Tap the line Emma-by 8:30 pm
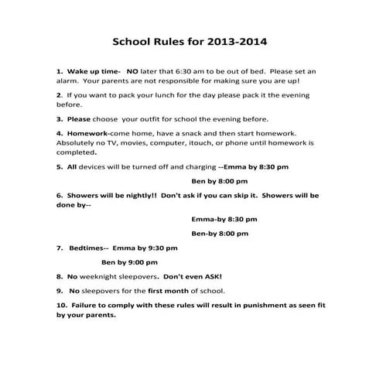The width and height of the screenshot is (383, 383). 224,219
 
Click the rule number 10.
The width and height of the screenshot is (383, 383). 61,306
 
